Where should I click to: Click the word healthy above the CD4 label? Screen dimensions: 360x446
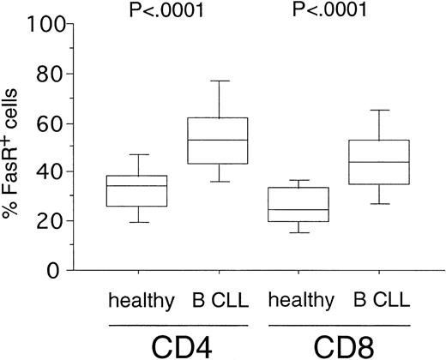tap(142, 301)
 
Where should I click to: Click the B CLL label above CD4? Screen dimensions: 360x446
tap(220, 301)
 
